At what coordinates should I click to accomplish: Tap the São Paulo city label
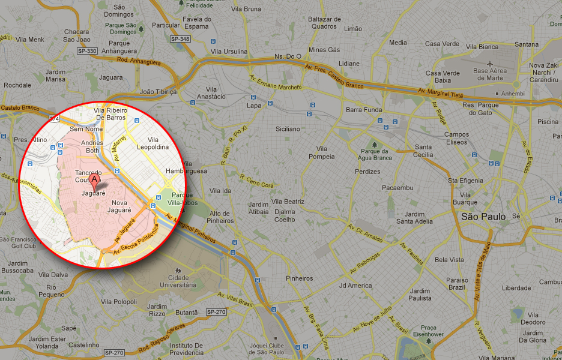click(x=484, y=217)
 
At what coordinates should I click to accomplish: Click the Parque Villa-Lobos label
click(x=183, y=199)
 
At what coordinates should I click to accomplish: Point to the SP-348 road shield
click(x=180, y=39)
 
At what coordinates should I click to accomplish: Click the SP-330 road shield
click(x=87, y=51)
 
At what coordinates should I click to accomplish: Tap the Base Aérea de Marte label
click(x=489, y=74)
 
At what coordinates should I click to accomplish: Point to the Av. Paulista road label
click(x=412, y=254)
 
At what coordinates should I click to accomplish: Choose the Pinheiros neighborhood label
click(x=300, y=278)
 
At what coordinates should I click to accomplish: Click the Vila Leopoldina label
click(x=153, y=143)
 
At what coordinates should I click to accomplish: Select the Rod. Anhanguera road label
click(x=139, y=61)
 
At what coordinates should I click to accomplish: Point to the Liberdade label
click(x=516, y=288)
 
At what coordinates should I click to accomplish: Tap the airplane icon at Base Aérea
click(x=490, y=63)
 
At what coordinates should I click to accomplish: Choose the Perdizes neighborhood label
click(x=367, y=172)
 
